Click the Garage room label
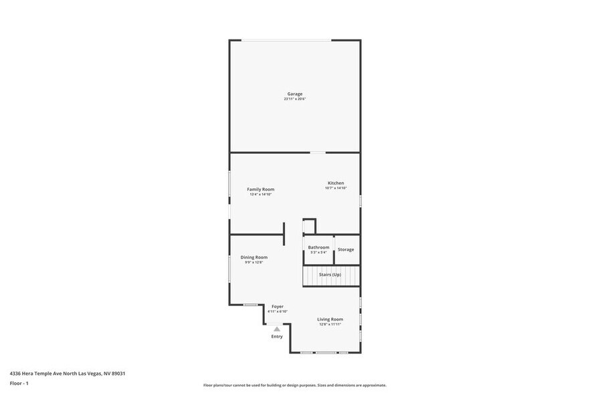(x=295, y=94)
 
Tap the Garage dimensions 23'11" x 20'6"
(x=295, y=100)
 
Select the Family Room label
(x=260, y=189)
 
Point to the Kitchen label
(x=336, y=183)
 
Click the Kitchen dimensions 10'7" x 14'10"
(x=336, y=188)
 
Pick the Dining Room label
(x=254, y=257)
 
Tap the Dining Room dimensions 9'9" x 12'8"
(x=254, y=263)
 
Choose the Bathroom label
(x=318, y=247)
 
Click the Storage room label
(x=346, y=249)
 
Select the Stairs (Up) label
(x=330, y=275)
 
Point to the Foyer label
(x=278, y=306)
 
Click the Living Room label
(x=330, y=319)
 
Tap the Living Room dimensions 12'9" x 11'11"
(x=330, y=324)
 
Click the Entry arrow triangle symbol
(x=277, y=329)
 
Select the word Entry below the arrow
(x=277, y=336)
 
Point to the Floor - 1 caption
(x=19, y=384)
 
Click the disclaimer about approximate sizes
(x=294, y=386)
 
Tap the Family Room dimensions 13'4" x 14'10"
(x=260, y=194)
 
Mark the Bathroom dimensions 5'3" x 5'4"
(x=318, y=253)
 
